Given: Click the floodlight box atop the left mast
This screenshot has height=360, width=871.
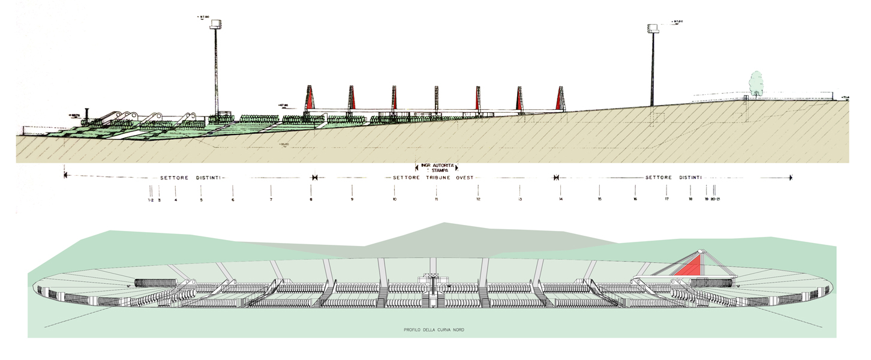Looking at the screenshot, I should click(217, 24).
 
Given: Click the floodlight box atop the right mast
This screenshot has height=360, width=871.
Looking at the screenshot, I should click(653, 28).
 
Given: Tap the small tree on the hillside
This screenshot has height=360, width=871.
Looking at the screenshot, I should click(755, 84).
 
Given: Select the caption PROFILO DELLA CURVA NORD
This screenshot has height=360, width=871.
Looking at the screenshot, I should click(435, 330).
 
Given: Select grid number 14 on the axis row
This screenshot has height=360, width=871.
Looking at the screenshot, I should click(560, 199).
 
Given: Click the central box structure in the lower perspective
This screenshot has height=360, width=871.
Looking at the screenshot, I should click(436, 280).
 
